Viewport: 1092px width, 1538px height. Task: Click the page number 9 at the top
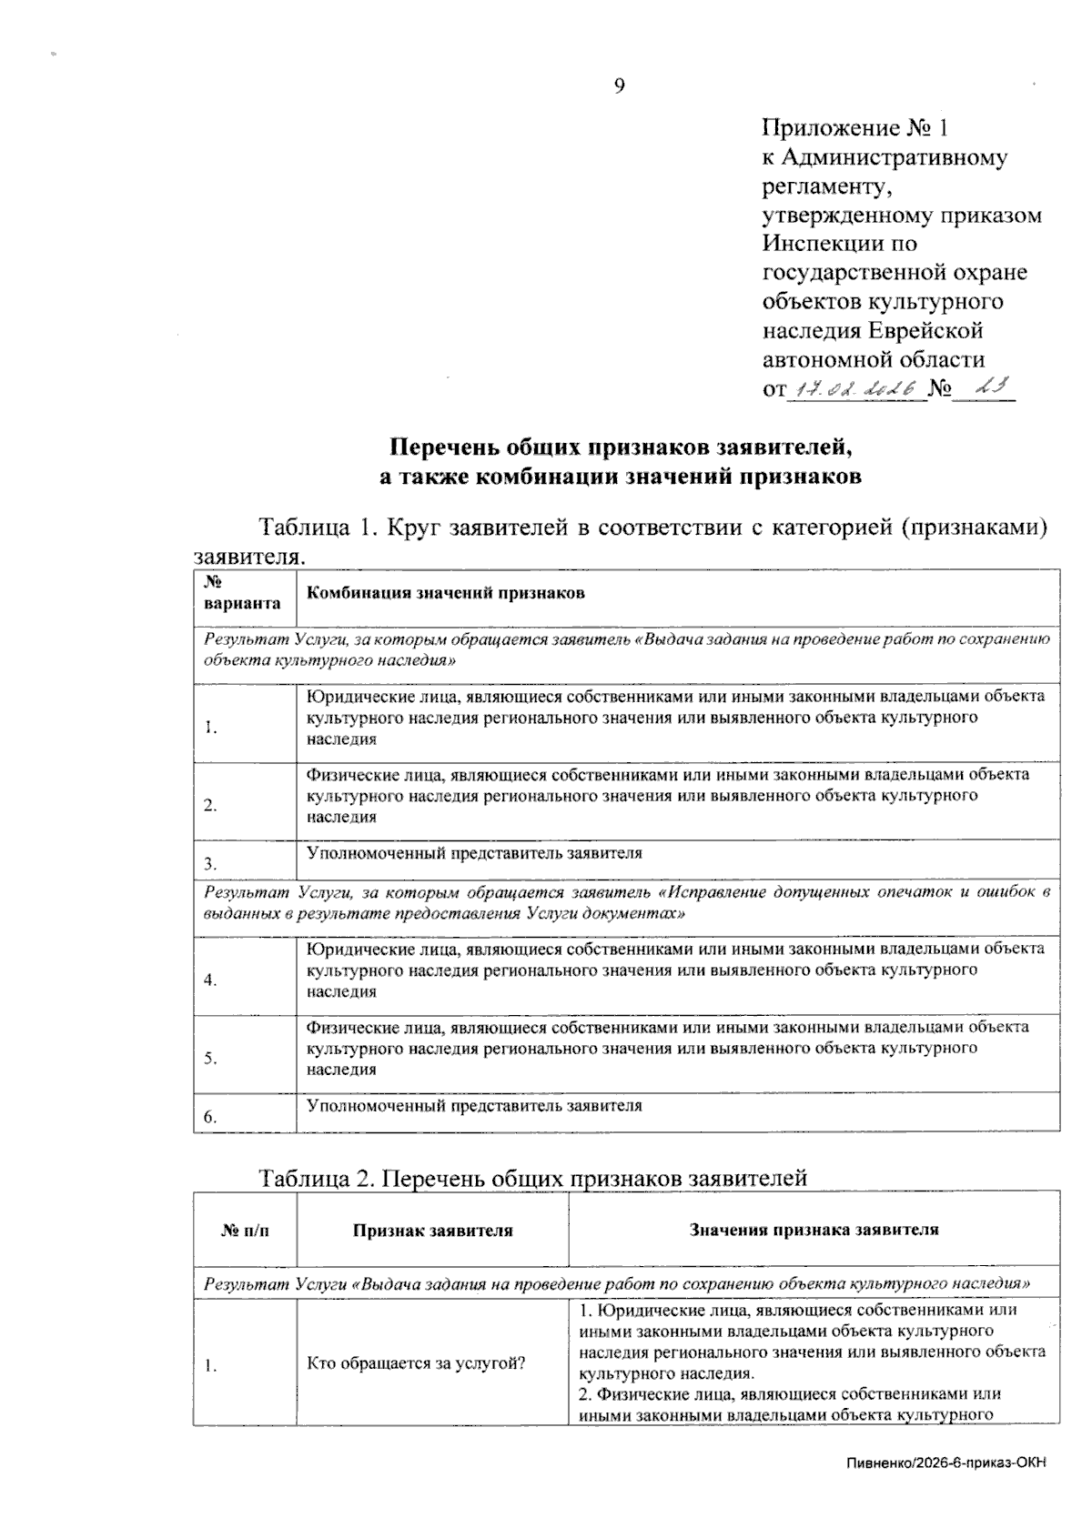(620, 87)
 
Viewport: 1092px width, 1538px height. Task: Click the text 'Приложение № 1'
(855, 128)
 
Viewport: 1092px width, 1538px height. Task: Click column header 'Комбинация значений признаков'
(446, 594)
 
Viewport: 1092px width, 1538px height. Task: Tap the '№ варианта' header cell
(243, 593)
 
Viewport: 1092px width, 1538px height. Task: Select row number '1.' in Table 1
(210, 728)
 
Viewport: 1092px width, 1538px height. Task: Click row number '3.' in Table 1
(210, 864)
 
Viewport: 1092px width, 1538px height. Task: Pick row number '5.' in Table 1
(210, 1059)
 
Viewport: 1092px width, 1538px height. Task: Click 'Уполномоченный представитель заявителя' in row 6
(474, 1107)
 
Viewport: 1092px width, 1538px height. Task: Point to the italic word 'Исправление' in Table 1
(711, 893)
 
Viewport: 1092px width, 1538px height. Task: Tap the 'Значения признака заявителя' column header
(814, 1231)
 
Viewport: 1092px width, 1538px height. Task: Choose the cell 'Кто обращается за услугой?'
(416, 1364)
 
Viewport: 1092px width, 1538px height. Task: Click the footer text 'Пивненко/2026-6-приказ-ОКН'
(946, 1463)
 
